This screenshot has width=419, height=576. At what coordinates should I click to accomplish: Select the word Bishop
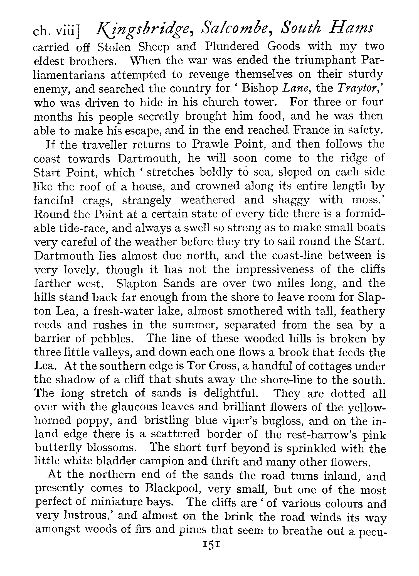click(260, 88)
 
